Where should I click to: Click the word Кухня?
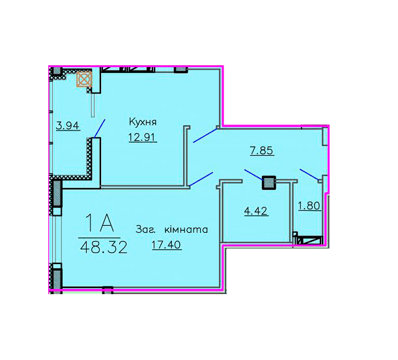pyautogui.click(x=143, y=122)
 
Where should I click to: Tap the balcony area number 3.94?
pyautogui.click(x=68, y=125)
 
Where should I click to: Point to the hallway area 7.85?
pyautogui.click(x=261, y=151)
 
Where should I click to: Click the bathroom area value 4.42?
pyautogui.click(x=256, y=211)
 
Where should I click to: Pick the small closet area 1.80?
pyautogui.click(x=309, y=205)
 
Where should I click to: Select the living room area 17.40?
pyautogui.click(x=166, y=245)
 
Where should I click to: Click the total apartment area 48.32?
pyautogui.click(x=104, y=247)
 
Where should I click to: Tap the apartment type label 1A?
pyautogui.click(x=100, y=223)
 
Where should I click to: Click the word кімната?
pyautogui.click(x=186, y=230)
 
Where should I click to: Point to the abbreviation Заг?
pyautogui.click(x=145, y=230)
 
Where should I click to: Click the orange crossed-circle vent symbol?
pyautogui.click(x=84, y=80)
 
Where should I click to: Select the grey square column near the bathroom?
pyautogui.click(x=269, y=183)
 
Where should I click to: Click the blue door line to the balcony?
pyautogui.click(x=100, y=128)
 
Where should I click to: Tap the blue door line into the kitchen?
pyautogui.click(x=205, y=136)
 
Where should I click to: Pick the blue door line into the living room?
pyautogui.click(x=201, y=179)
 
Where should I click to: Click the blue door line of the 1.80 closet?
pyautogui.click(x=309, y=175)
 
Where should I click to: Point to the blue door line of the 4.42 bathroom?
pyautogui.click(x=254, y=175)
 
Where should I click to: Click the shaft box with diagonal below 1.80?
pyautogui.click(x=309, y=241)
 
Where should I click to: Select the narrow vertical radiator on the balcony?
pyautogui.click(x=93, y=105)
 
